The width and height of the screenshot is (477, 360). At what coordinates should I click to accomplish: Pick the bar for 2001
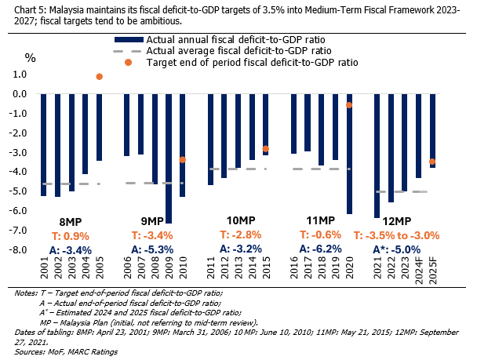(x=44, y=145)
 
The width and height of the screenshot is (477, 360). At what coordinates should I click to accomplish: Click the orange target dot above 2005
(x=100, y=76)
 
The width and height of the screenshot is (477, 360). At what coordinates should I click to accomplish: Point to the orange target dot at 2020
(x=349, y=104)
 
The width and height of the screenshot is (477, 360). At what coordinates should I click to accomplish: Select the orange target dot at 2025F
(x=432, y=162)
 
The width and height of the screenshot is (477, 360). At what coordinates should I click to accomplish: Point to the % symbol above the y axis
(x=31, y=56)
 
